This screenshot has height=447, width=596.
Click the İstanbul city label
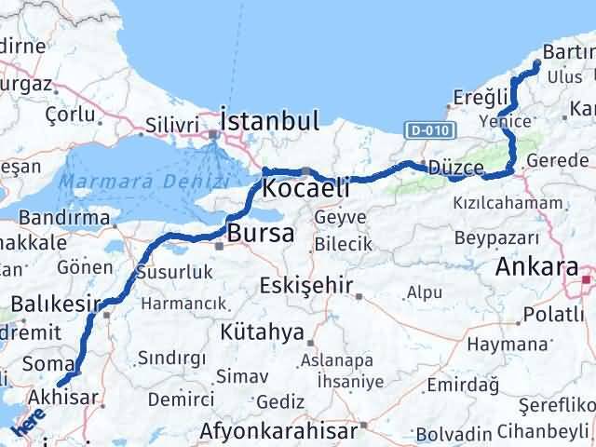[269, 120]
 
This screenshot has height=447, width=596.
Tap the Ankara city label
[536, 267]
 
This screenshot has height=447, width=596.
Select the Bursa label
[261, 232]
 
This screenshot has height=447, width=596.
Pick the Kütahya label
[263, 332]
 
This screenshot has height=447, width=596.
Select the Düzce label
[457, 169]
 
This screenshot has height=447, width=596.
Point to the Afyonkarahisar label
[279, 432]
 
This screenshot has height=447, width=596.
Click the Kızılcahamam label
[502, 202]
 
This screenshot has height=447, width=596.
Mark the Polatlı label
[553, 314]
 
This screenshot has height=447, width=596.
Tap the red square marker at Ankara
[586, 278]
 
